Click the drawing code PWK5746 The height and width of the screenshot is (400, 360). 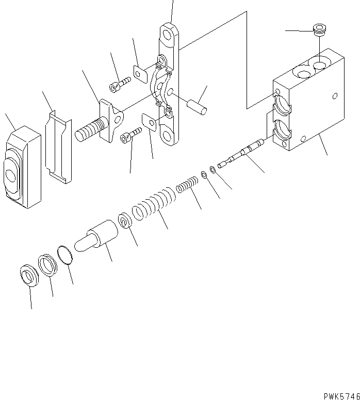coord(341,396)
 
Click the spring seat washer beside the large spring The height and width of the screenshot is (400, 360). coord(124,222)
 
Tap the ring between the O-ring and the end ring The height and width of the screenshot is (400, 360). coord(47,265)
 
